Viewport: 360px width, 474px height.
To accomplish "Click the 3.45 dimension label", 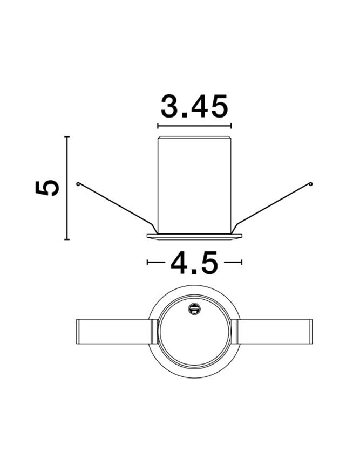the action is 194,106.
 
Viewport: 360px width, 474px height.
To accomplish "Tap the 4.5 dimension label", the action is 194,263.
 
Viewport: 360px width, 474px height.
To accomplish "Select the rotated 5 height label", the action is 47,188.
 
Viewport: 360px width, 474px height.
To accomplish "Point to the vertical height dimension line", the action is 67,188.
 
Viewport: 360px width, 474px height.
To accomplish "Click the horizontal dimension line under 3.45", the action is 194,126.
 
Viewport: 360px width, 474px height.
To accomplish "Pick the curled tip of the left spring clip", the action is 78,183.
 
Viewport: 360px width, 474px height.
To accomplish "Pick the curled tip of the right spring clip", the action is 310,183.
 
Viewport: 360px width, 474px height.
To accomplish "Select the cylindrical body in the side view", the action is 194,185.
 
